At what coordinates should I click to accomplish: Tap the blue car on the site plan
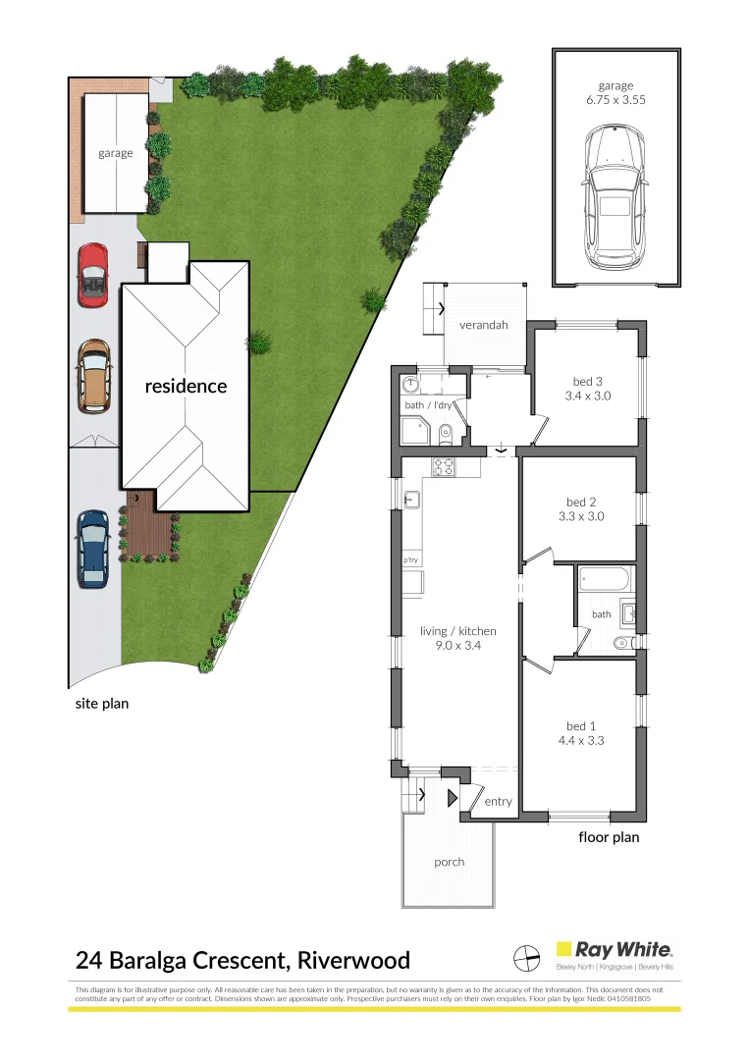(x=93, y=549)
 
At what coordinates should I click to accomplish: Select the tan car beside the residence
(x=94, y=375)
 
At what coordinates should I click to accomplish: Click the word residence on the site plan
(x=186, y=386)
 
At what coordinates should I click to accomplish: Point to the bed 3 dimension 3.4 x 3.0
(x=587, y=397)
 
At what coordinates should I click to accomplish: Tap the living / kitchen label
(x=458, y=631)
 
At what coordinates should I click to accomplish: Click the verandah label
(x=483, y=325)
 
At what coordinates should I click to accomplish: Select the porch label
(x=449, y=862)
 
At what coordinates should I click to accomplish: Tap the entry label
(x=498, y=802)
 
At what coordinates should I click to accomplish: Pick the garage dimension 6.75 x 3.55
(x=615, y=100)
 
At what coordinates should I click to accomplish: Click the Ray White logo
(x=615, y=949)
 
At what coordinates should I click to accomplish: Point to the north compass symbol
(x=527, y=955)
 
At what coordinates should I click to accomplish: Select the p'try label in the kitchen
(x=410, y=560)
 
